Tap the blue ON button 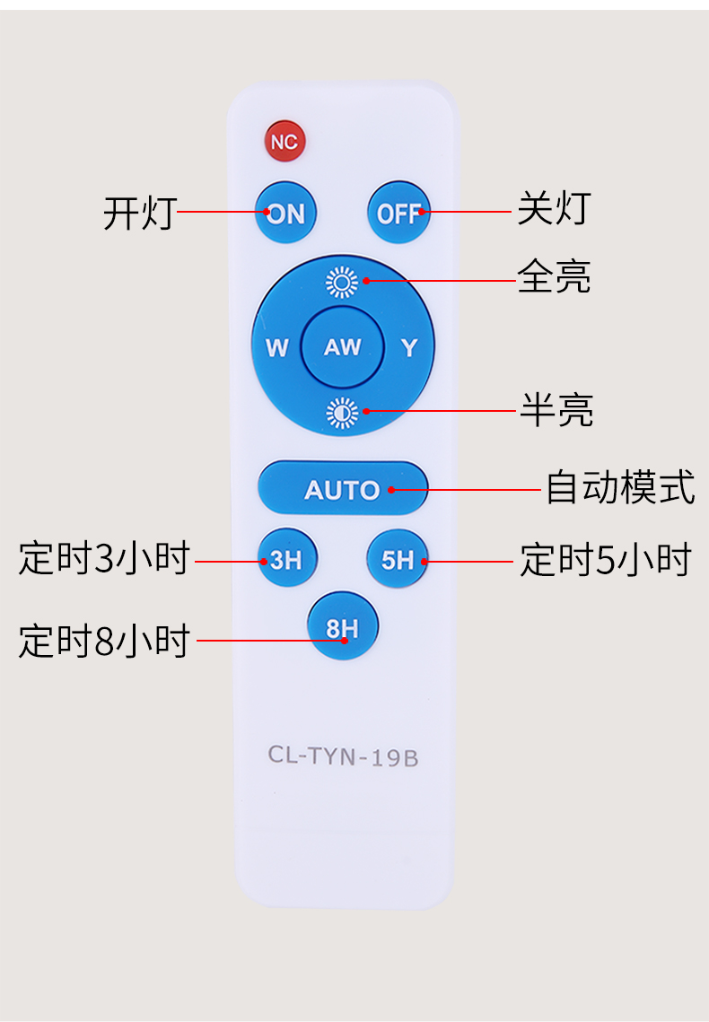(x=285, y=213)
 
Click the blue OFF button (x=398, y=213)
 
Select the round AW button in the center (x=343, y=346)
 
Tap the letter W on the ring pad (x=277, y=347)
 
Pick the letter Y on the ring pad (x=409, y=347)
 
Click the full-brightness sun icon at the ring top (x=342, y=282)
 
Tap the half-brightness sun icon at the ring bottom (x=342, y=413)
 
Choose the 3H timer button (x=287, y=558)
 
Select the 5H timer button (x=398, y=559)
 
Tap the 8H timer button (x=343, y=626)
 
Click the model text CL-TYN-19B (x=343, y=756)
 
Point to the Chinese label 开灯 (x=140, y=213)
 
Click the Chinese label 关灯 (x=554, y=208)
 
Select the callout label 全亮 (x=554, y=276)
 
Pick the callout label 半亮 (x=556, y=409)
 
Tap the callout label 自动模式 (x=620, y=487)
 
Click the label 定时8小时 (x=104, y=640)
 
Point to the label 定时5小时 (x=606, y=559)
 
